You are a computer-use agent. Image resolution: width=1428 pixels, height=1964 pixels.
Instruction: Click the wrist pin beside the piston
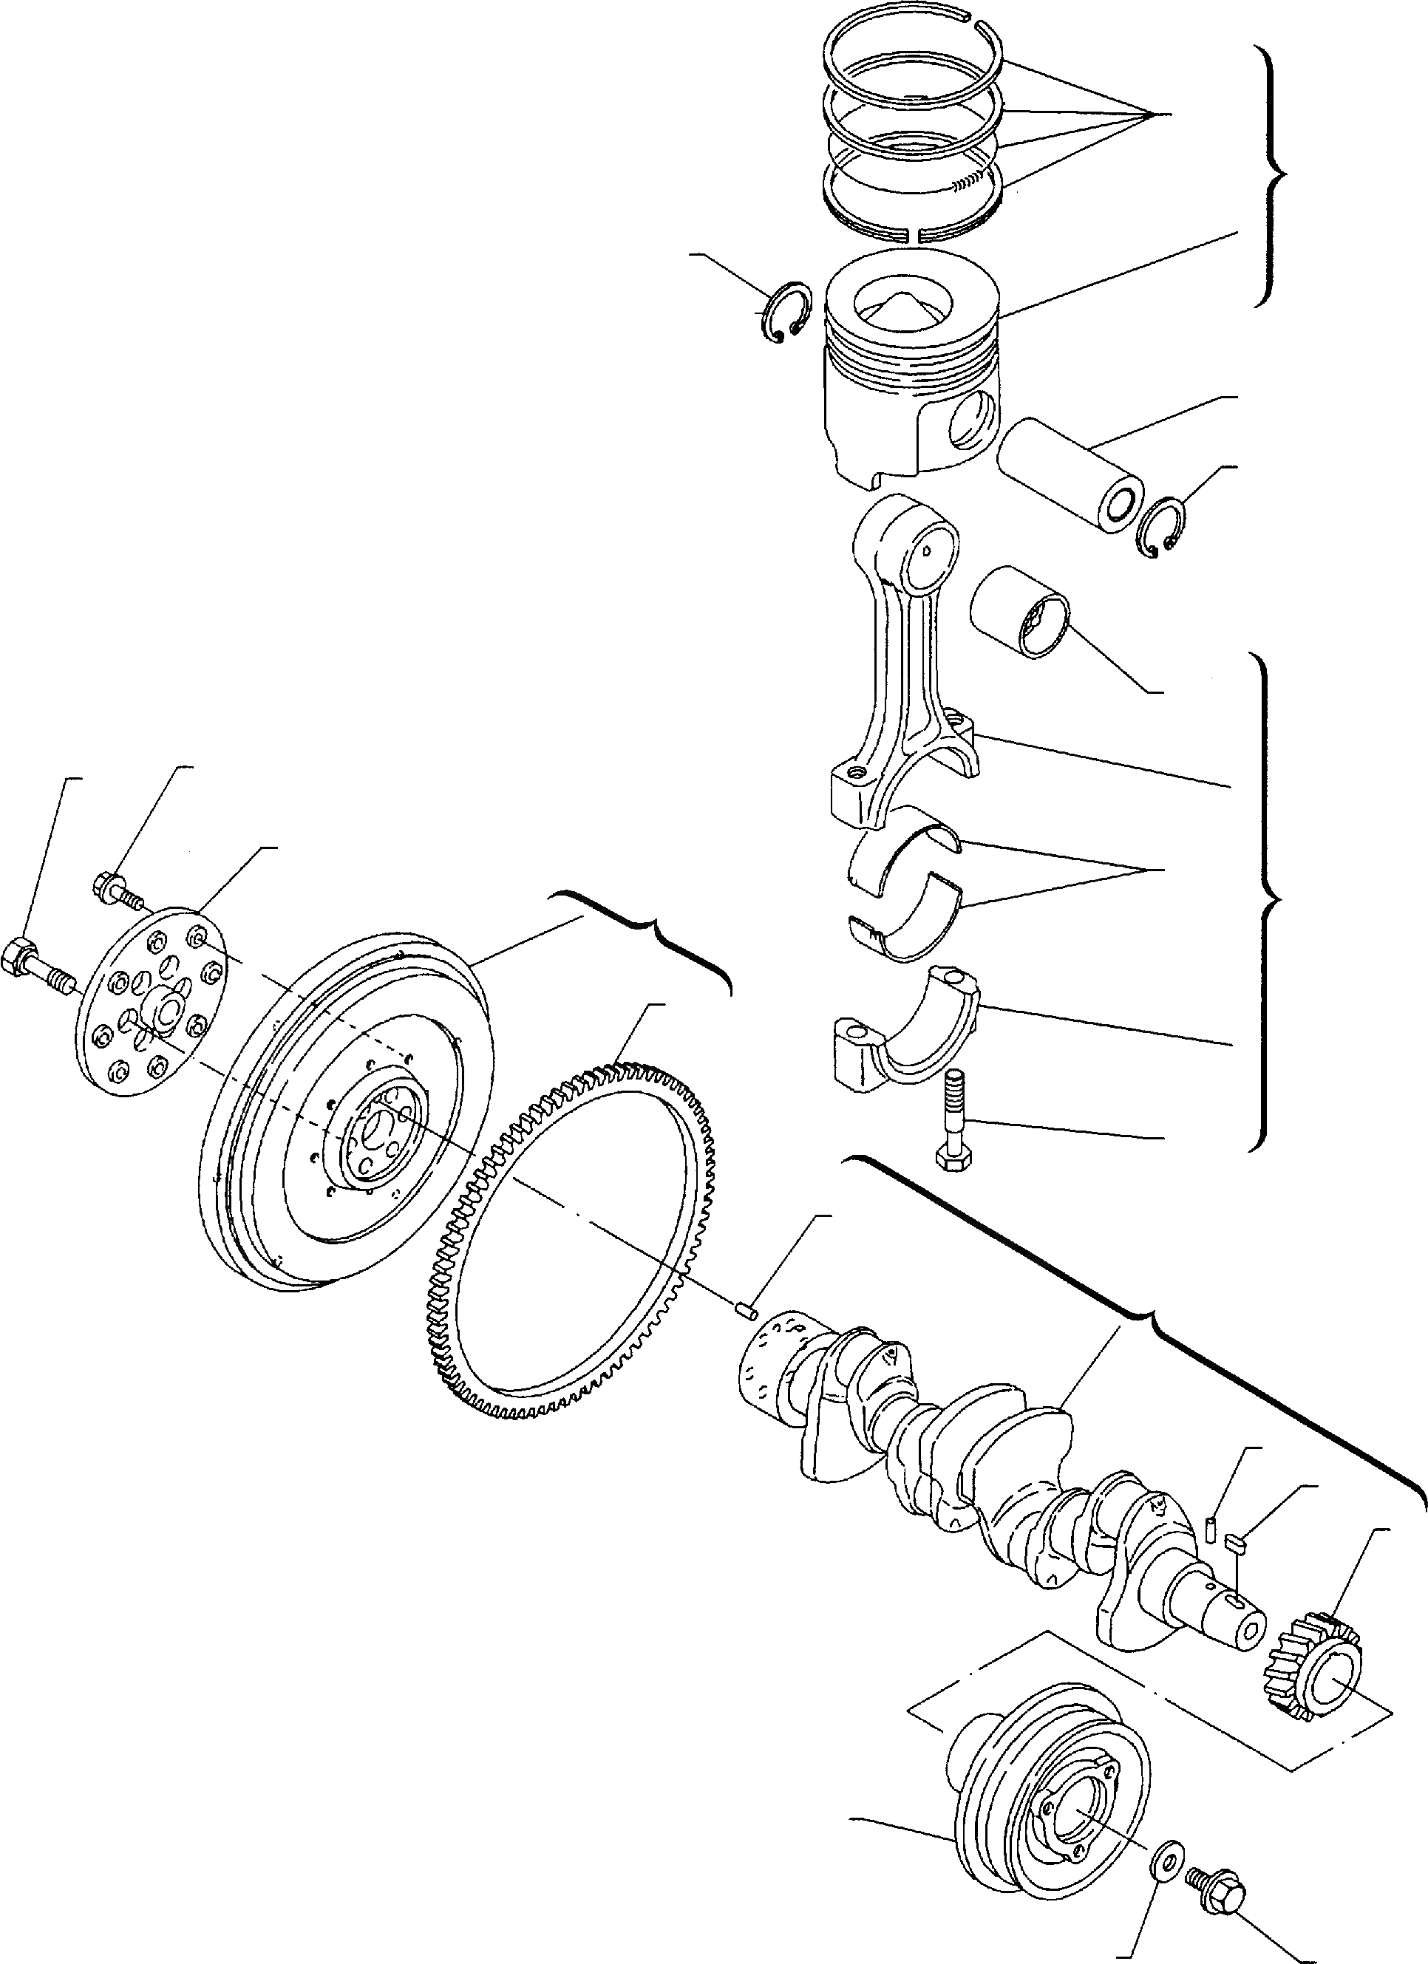point(1067,474)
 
